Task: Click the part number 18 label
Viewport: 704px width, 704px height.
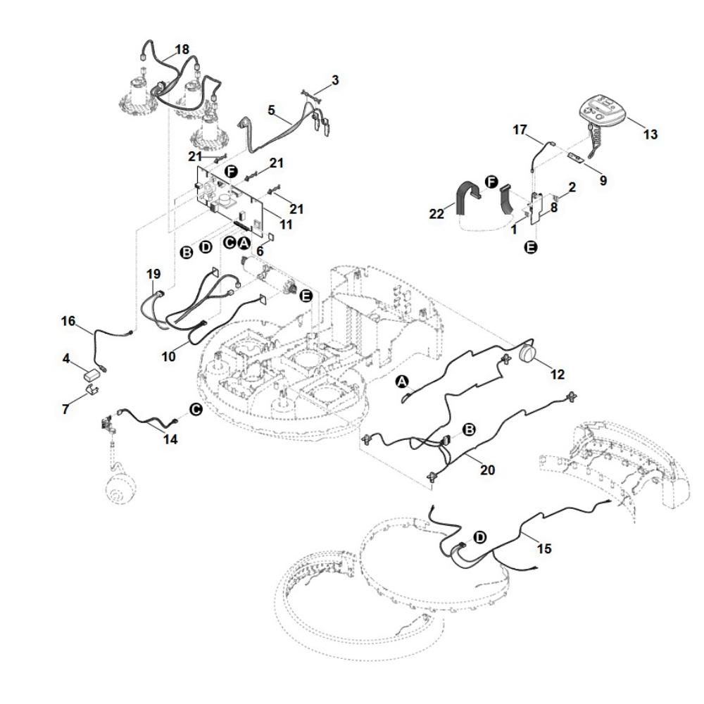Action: (182, 50)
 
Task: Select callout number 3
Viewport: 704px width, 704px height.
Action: (335, 80)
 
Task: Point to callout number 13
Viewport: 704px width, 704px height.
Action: (650, 134)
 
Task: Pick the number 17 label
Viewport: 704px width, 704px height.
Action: (520, 130)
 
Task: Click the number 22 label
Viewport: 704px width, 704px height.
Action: (436, 213)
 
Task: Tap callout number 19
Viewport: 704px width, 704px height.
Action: (154, 273)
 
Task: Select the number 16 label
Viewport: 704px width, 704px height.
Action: (68, 321)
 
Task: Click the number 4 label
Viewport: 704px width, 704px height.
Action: (66, 359)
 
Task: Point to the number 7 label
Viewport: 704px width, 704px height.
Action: (66, 408)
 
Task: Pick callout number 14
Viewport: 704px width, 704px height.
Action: (170, 440)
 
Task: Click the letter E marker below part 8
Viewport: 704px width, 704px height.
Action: (532, 247)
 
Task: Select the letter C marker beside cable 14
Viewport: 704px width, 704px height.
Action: (196, 409)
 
